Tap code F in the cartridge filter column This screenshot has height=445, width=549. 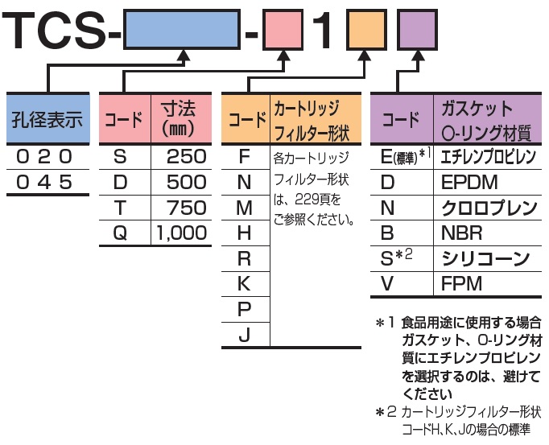245,156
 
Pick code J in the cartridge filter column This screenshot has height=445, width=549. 245,336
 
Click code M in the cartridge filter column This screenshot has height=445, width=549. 245,208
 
